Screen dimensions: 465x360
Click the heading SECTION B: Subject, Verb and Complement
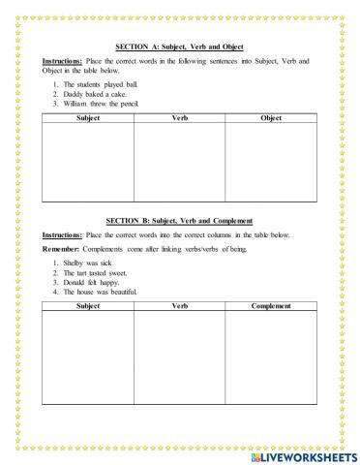coord(181,222)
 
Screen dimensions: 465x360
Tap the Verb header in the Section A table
coord(179,118)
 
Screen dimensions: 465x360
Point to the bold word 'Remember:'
coord(60,250)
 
